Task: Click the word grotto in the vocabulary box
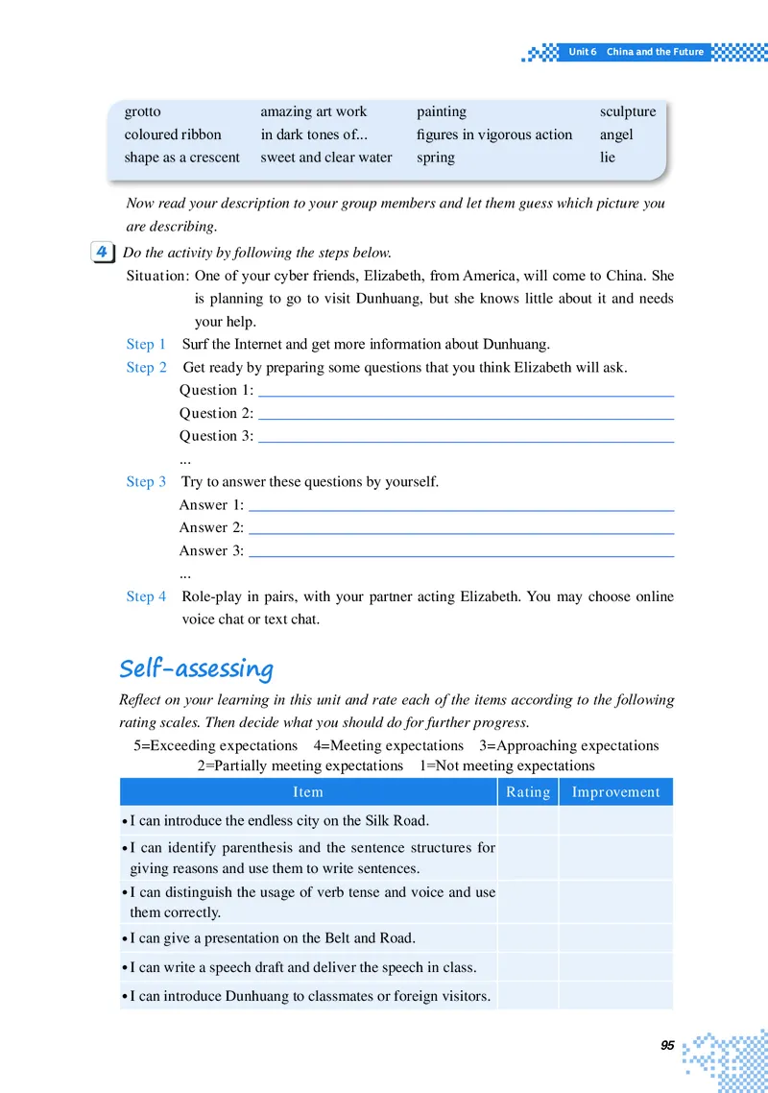tap(142, 112)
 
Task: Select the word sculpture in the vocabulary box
tap(628, 112)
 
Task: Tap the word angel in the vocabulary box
tap(616, 134)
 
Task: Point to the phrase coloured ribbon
tap(173, 134)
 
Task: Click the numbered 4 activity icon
tap(101, 253)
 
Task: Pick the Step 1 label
tap(146, 344)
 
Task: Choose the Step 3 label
tap(146, 481)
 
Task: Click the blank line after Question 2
tap(467, 418)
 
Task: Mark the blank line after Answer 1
tap(461, 509)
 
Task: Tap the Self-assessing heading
tap(196, 668)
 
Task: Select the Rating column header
tap(528, 792)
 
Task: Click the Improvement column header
tap(615, 792)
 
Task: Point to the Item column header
tap(308, 792)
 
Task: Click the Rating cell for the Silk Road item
tap(528, 820)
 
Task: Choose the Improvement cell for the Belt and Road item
tap(615, 937)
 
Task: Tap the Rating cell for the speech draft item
tap(528, 966)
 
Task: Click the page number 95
tap(667, 1046)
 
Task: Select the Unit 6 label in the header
tap(582, 52)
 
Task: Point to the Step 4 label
tap(146, 596)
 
